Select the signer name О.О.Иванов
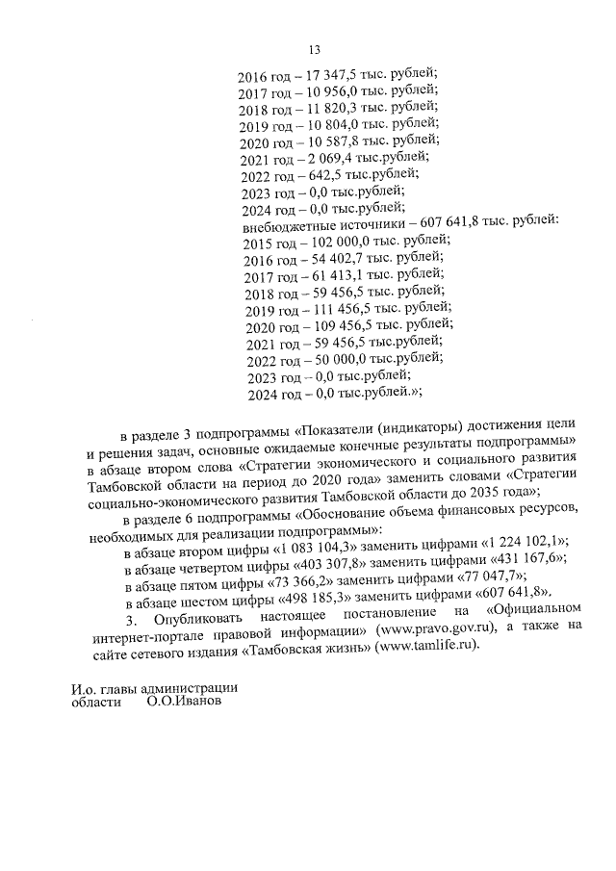coord(184,704)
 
